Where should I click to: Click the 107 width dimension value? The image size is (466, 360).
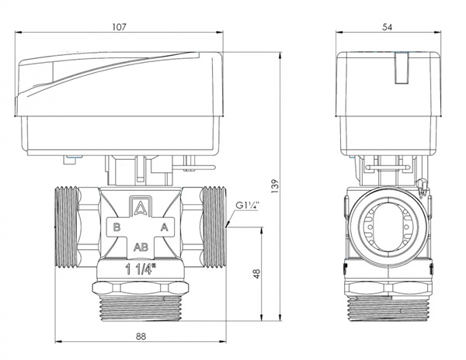[x=119, y=26]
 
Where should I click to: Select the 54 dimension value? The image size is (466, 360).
[x=388, y=27]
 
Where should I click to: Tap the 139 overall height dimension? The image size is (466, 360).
[x=275, y=186]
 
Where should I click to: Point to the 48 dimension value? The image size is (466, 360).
[x=256, y=273]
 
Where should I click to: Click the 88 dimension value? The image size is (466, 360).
[x=141, y=337]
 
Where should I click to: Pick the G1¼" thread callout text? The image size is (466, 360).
[x=248, y=206]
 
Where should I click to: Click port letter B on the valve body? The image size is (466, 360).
[x=116, y=227]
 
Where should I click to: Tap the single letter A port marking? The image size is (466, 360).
[x=165, y=227]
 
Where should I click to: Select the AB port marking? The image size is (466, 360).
[x=141, y=247]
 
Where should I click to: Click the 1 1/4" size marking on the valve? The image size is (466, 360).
[x=141, y=269]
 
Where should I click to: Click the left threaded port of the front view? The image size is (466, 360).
[x=67, y=227]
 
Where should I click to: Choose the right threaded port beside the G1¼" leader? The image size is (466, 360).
[x=214, y=227]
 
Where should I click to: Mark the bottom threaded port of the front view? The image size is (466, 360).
[x=141, y=309]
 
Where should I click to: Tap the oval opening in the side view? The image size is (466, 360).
[x=388, y=227]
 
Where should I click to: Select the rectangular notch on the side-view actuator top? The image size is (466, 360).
[x=402, y=68]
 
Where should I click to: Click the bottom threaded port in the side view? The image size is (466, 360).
[x=388, y=309]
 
